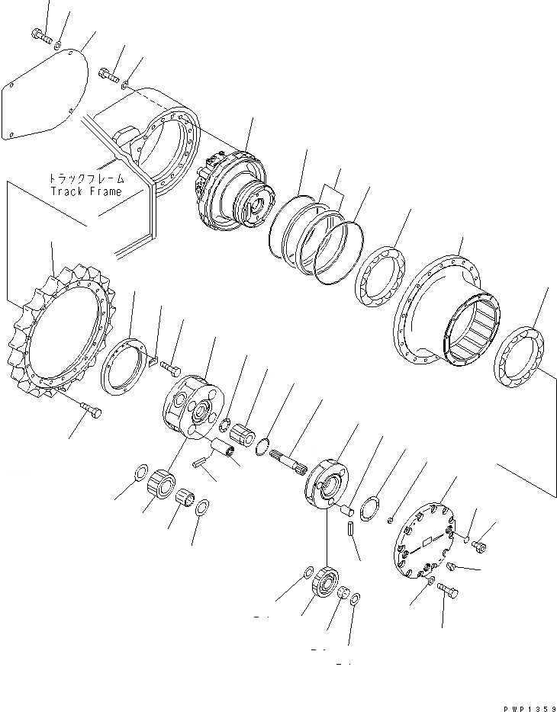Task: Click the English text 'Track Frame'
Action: (x=86, y=191)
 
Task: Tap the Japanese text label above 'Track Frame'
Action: (x=86, y=180)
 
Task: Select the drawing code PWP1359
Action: (x=526, y=704)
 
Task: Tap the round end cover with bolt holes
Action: (x=423, y=540)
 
